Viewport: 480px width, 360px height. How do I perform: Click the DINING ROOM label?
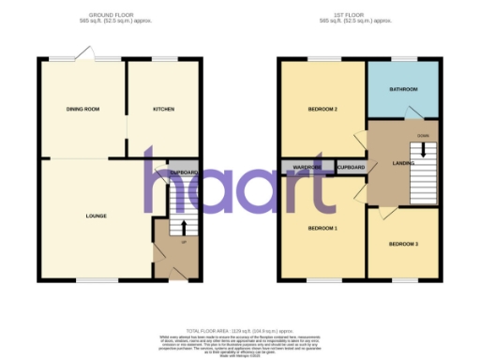pyautogui.click(x=82, y=110)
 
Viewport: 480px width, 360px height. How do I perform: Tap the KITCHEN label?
pyautogui.click(x=164, y=110)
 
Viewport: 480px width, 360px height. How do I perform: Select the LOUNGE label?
pyautogui.click(x=96, y=217)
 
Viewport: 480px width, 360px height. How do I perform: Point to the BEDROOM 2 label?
pyautogui.click(x=322, y=110)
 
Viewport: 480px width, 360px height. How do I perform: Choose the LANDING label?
pyautogui.click(x=389, y=167)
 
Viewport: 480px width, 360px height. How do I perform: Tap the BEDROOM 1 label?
pyautogui.click(x=322, y=228)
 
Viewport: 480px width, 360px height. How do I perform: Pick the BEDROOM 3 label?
pyautogui.click(x=403, y=244)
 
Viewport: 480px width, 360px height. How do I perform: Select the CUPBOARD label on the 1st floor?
pyautogui.click(x=350, y=168)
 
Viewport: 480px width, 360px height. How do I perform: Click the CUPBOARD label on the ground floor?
pyautogui.click(x=183, y=173)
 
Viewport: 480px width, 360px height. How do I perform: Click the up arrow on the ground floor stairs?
pyautogui.click(x=184, y=227)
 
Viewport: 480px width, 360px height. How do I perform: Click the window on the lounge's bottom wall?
pyautogui.click(x=89, y=280)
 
